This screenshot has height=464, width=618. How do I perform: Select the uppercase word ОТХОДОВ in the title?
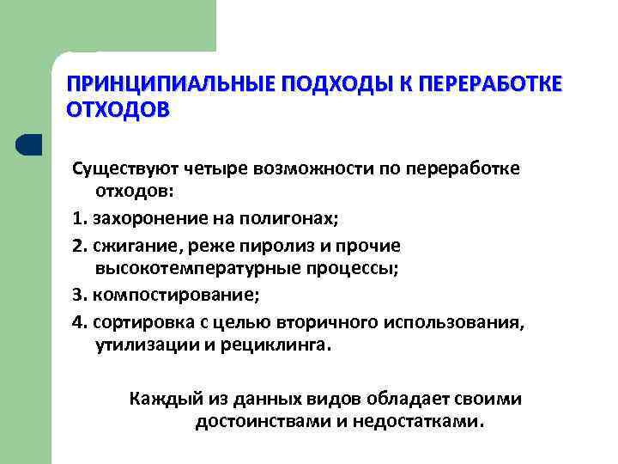tap(118, 111)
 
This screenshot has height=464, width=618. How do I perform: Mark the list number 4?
tap(78, 323)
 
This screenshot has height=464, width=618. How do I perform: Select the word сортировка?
tap(138, 323)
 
